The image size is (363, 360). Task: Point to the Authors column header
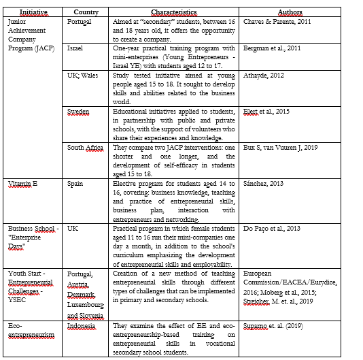[291, 12]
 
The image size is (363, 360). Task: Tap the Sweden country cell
[78, 110]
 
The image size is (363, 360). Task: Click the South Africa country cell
[85, 147]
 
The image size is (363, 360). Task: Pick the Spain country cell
[75, 184]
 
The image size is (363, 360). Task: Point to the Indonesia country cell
[82, 326]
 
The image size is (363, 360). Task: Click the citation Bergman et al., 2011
[271, 49]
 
